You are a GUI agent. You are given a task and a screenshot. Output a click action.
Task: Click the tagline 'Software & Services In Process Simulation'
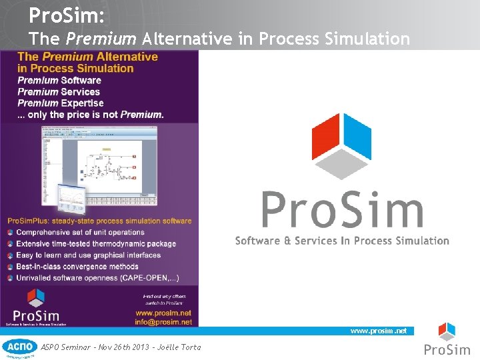(x=342, y=241)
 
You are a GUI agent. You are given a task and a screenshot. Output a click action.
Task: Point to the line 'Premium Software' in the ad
(x=59, y=80)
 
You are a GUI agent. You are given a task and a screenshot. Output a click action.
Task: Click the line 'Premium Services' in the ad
(x=58, y=91)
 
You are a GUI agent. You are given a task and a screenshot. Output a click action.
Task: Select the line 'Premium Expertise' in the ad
(x=60, y=103)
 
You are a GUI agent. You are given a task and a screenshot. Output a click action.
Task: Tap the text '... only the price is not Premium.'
(x=90, y=114)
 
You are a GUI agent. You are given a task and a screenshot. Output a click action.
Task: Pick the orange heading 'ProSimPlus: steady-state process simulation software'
(x=99, y=221)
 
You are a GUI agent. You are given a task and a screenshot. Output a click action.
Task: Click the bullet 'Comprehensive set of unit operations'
(x=80, y=232)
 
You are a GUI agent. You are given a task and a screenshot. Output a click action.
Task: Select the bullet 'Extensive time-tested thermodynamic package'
(x=96, y=243)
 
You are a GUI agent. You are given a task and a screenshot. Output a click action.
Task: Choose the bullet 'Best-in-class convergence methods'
(x=77, y=266)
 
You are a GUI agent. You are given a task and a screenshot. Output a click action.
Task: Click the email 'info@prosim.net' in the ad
(x=163, y=322)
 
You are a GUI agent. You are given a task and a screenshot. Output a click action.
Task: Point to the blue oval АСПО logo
(x=19, y=347)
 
